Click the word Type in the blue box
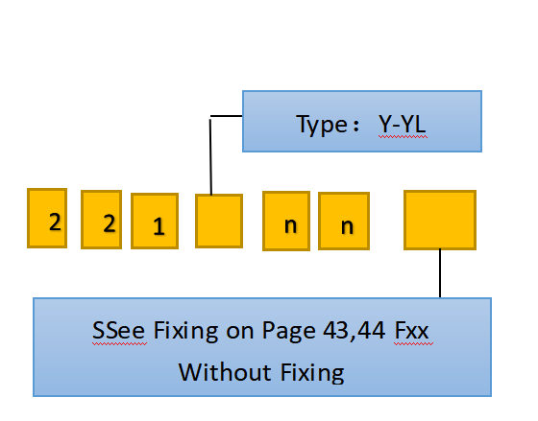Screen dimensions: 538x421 pyautogui.click(x=322, y=126)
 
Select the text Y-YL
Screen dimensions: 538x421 pyautogui.click(x=403, y=124)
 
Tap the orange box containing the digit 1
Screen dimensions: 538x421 pyautogui.click(x=155, y=221)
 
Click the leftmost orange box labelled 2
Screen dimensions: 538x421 pyautogui.click(x=47, y=218)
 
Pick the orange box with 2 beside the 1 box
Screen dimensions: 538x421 pyautogui.click(x=102, y=220)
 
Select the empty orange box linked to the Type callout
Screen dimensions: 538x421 pyautogui.click(x=219, y=221)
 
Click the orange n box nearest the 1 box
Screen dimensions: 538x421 pyautogui.click(x=286, y=221)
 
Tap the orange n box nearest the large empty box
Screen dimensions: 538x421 pyautogui.click(x=344, y=221)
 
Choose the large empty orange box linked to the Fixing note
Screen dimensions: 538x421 pyautogui.click(x=440, y=220)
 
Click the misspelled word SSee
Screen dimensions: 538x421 pyautogui.click(x=119, y=331)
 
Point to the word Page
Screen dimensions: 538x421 pyautogui.click(x=288, y=332)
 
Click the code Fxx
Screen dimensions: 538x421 pyautogui.click(x=412, y=331)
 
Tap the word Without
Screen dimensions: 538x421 pyautogui.click(x=226, y=372)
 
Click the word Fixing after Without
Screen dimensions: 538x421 pyautogui.click(x=312, y=374)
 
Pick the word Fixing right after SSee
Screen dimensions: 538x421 pyautogui.click(x=185, y=332)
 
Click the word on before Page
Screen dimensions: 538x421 pyautogui.click(x=240, y=333)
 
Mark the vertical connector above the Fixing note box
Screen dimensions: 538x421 pyautogui.click(x=440, y=273)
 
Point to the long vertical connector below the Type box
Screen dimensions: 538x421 pyautogui.click(x=210, y=156)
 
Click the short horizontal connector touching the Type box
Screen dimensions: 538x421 pyautogui.click(x=227, y=116)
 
